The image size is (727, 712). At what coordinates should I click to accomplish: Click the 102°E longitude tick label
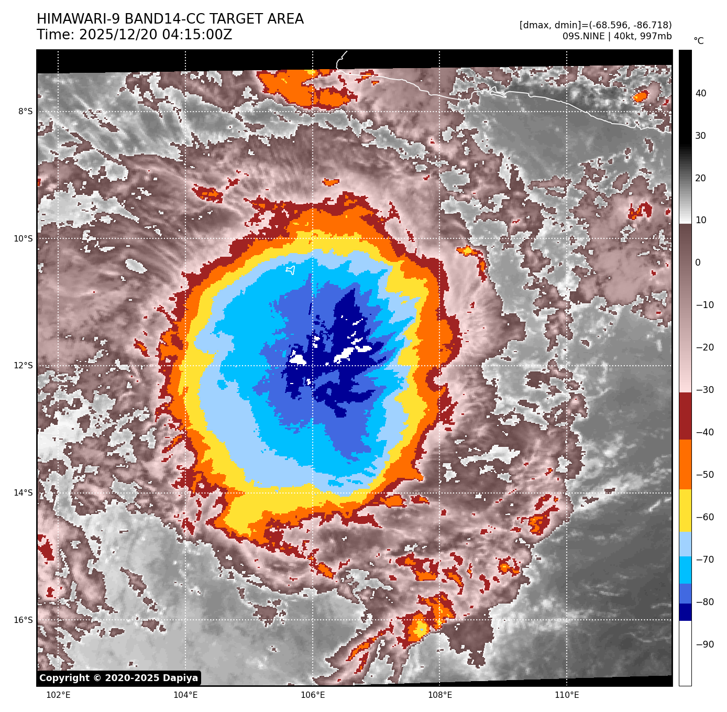[58, 695]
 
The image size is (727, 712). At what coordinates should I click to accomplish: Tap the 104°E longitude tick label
[185, 695]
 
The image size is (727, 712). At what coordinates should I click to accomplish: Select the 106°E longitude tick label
[313, 695]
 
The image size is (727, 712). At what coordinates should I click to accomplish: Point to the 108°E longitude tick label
[440, 695]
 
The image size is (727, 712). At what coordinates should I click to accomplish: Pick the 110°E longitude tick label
[567, 695]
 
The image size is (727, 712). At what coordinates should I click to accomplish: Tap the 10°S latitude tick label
[23, 239]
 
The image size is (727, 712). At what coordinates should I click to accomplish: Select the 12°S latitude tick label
[23, 366]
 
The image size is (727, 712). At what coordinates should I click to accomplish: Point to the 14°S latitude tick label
[23, 493]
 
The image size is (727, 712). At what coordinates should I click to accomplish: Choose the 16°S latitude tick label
[23, 620]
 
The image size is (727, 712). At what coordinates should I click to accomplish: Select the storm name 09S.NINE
[583, 36]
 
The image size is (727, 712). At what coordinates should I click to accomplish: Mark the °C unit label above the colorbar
[698, 41]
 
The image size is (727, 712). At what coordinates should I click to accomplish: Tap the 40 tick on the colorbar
[701, 93]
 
